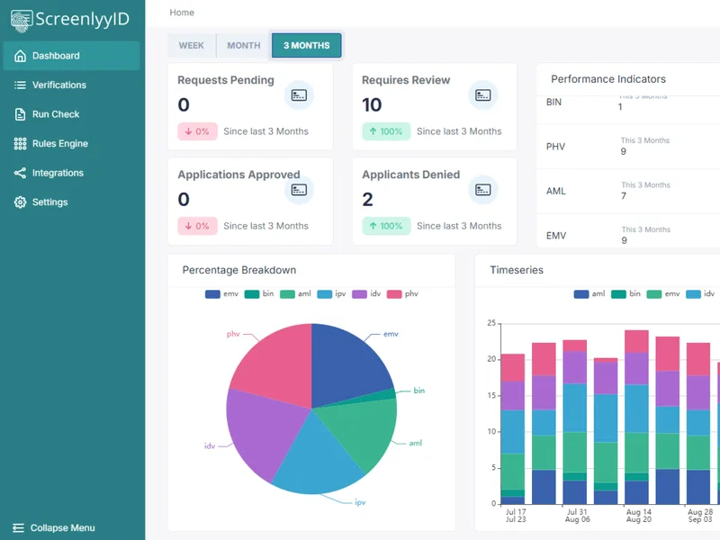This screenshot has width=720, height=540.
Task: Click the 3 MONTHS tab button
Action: click(306, 46)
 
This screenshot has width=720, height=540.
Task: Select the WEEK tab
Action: click(192, 46)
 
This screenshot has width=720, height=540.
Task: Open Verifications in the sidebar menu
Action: click(58, 85)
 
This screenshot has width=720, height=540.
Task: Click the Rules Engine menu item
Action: click(59, 144)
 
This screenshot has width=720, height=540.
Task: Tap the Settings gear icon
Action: click(20, 202)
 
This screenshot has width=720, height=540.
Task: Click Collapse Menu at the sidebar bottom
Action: click(54, 527)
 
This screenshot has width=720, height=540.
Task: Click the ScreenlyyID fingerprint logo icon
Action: click(21, 21)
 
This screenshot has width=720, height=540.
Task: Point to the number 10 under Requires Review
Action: click(372, 105)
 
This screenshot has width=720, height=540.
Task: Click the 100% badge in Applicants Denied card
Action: click(386, 226)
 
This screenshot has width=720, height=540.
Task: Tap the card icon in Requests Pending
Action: click(299, 95)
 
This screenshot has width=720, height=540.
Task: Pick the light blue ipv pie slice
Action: click(317, 454)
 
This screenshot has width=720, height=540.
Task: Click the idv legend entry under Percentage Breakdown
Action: click(366, 294)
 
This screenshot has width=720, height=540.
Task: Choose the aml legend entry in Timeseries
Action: click(589, 294)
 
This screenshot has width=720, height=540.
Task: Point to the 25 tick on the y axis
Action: click(491, 323)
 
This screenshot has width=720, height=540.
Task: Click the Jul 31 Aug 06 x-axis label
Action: click(577, 516)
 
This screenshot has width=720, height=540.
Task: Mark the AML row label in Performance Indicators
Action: click(555, 191)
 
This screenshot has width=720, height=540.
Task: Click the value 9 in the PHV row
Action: click(623, 151)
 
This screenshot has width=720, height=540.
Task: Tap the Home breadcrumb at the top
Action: click(182, 13)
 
